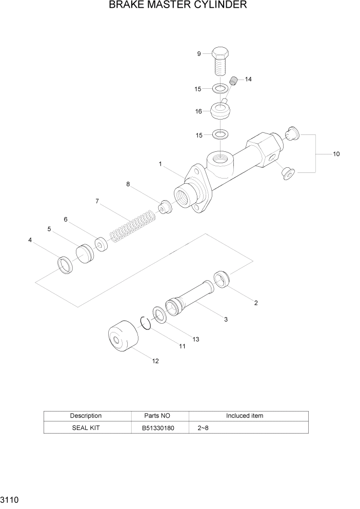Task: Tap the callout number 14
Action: pyautogui.click(x=248, y=80)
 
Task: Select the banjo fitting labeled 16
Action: pyautogui.click(x=221, y=110)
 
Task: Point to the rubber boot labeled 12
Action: pyautogui.click(x=123, y=339)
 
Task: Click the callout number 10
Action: pyautogui.click(x=336, y=154)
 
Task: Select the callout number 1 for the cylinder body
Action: pyautogui.click(x=160, y=164)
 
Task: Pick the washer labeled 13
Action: pyautogui.click(x=158, y=315)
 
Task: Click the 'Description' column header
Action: pyautogui.click(x=85, y=416)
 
